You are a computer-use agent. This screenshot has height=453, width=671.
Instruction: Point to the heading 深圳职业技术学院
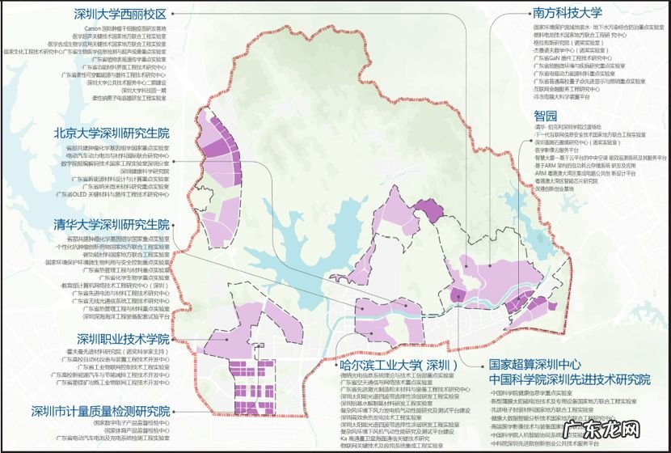124,338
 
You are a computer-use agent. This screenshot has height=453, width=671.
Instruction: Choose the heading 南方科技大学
567,12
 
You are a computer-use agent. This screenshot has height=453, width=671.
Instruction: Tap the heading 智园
544,115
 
